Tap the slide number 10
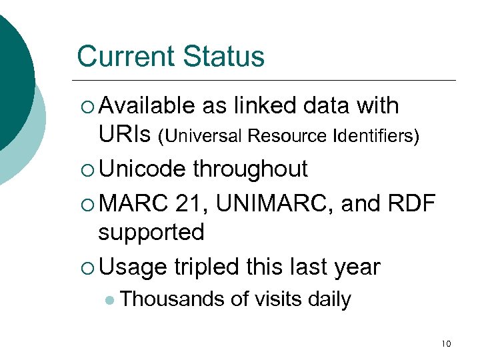(x=446, y=344)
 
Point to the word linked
(x=263, y=105)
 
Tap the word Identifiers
(x=373, y=137)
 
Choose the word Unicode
(x=141, y=169)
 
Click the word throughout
(x=250, y=169)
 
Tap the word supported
(x=151, y=233)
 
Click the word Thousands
(x=173, y=299)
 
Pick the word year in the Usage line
(x=357, y=266)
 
